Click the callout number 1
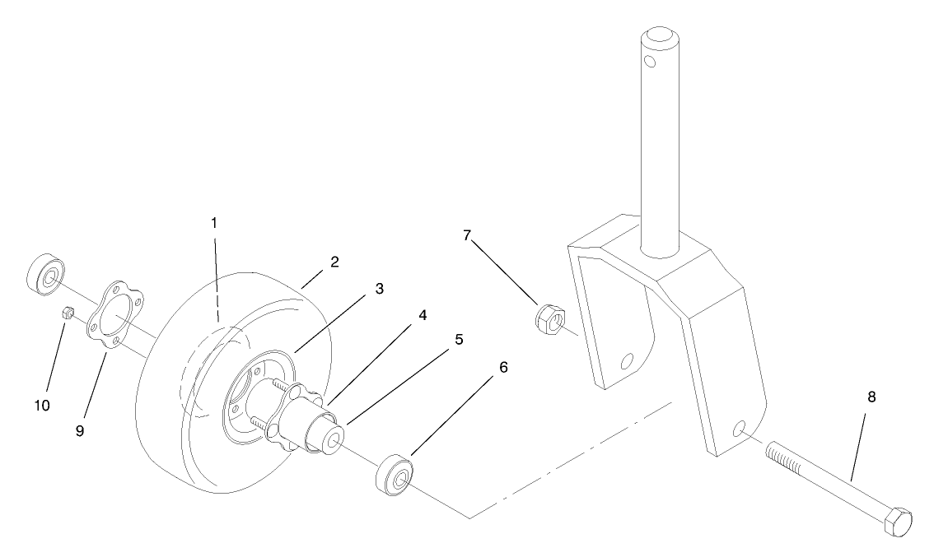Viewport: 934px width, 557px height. coord(213,222)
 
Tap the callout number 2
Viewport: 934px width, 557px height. coord(335,262)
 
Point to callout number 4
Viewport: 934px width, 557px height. coord(421,314)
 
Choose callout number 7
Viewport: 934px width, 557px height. coord(467,235)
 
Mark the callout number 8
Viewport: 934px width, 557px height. coord(871,397)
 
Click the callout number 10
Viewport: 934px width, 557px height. coord(41,405)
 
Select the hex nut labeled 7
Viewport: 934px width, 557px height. coord(550,317)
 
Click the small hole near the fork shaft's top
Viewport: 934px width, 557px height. coord(651,62)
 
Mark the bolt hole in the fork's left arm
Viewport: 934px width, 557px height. coord(628,360)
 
